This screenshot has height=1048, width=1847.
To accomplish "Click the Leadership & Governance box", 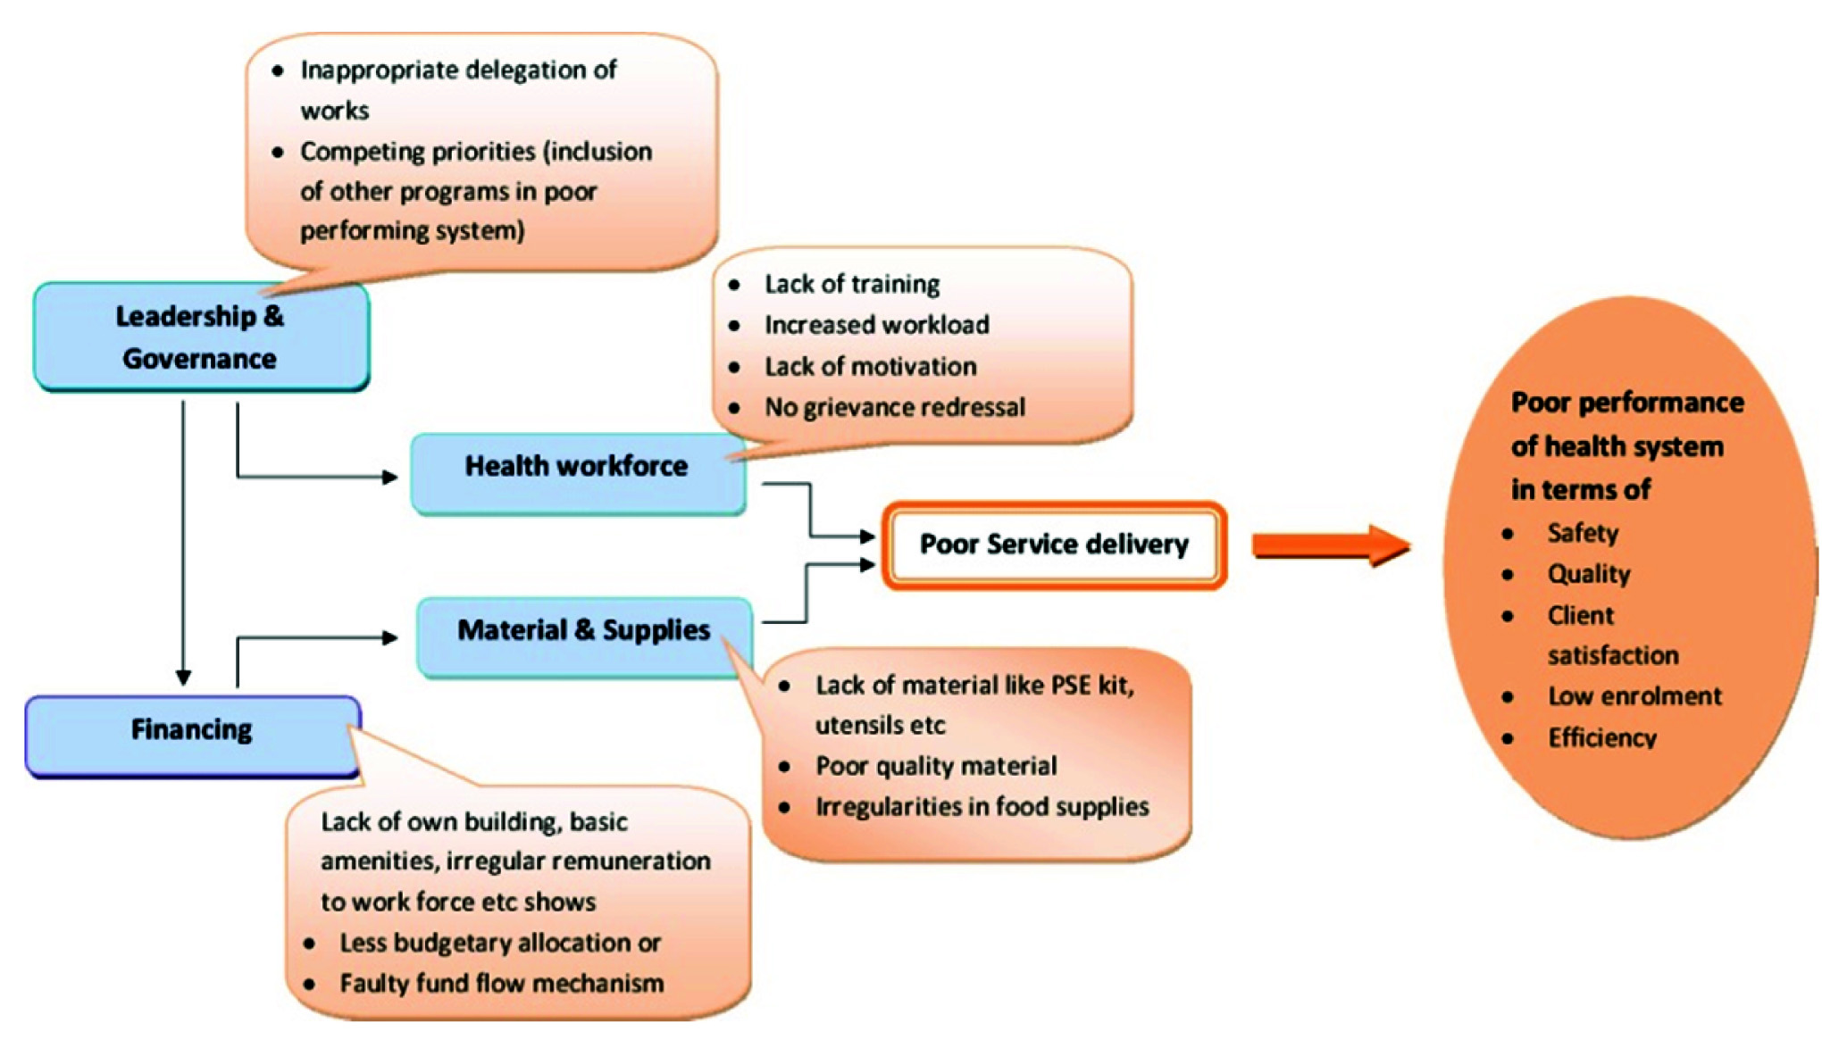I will [201, 337].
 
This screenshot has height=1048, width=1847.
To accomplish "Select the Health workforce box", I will [577, 473].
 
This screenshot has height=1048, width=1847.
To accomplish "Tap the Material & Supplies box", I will [584, 636].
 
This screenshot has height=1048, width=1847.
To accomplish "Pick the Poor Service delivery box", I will [1054, 545].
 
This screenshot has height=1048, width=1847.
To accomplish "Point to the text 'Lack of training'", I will [852, 284].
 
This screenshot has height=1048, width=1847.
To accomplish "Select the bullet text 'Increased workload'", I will [876, 325].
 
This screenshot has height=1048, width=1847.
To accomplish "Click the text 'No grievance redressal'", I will [894, 407].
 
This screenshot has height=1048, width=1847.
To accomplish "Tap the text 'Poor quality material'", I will [935, 766].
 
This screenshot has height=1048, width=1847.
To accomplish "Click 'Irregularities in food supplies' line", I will [982, 807].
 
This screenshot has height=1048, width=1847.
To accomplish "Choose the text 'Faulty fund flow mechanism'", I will [501, 984].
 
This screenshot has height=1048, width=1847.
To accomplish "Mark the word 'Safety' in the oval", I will [1582, 533].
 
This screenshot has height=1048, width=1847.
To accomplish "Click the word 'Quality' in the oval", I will [1588, 574].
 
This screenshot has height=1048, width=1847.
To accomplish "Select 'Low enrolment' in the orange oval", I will [1634, 696].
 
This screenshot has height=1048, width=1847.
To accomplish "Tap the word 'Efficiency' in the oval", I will [1602, 737].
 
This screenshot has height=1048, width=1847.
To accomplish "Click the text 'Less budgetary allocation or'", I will [499, 943].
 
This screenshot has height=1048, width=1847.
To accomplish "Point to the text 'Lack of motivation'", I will [870, 366].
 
